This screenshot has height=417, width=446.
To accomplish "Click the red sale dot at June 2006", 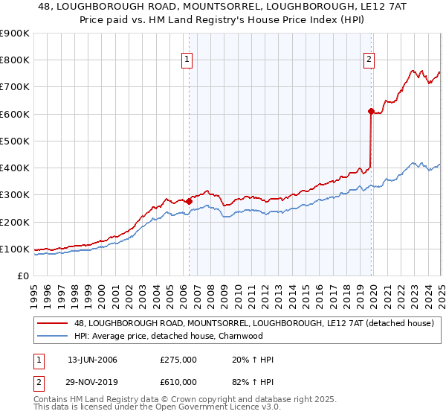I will pos(189,201).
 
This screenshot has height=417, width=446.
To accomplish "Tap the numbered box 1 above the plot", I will pos(186,61).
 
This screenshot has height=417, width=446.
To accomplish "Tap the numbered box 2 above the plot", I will pos(369,61).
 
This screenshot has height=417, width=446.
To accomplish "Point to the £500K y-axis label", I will pos(14,141).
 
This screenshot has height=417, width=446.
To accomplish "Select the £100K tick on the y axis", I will pos(14,249).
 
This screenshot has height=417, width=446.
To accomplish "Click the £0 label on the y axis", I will pos(23,276).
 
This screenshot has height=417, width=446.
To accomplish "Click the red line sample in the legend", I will pos(52,323).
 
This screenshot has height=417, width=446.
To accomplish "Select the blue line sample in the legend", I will pos(52,336).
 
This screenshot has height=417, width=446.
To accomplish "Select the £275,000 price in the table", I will pos(178,360).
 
